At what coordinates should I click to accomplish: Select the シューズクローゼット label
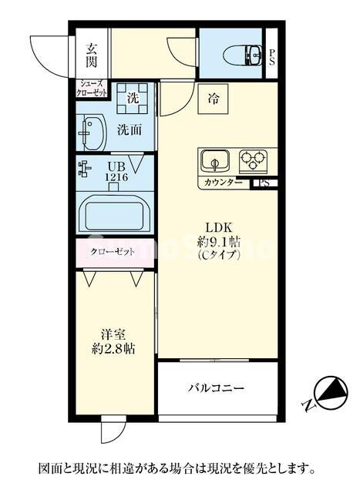pos(92,88)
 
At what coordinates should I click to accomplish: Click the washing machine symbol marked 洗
pos(132,98)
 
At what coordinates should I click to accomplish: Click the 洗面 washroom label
pos(129,129)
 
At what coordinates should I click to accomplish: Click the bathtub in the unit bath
pos(115,213)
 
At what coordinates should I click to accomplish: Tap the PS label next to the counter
pos(264,183)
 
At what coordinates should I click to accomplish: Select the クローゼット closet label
pos(114,252)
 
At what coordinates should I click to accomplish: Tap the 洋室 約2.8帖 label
pos(114,342)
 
